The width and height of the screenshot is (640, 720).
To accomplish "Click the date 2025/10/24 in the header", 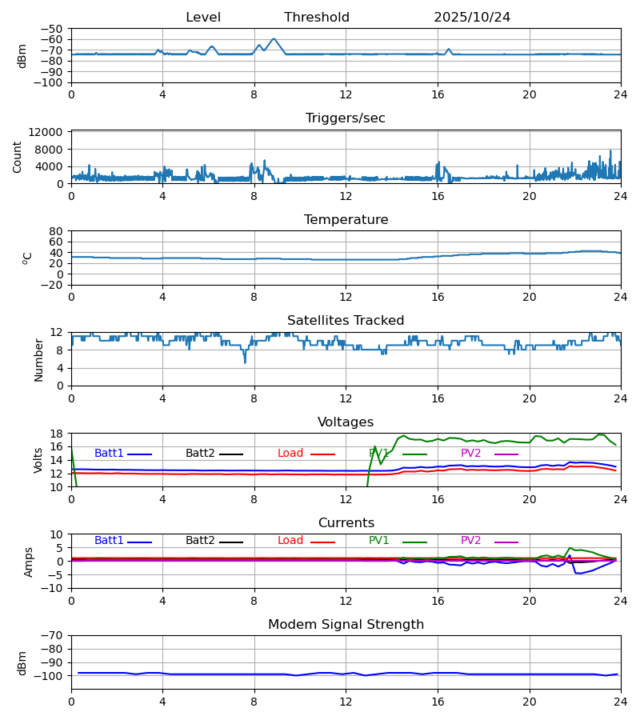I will [x=472, y=18].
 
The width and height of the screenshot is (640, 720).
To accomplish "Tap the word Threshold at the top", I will [x=317, y=18].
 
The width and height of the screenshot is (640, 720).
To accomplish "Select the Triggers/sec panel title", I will [x=346, y=118].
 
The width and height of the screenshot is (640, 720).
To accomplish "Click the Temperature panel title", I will [x=346, y=220].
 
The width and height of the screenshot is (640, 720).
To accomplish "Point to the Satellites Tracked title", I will [x=346, y=321].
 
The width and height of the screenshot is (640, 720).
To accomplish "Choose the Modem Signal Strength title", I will [x=346, y=625].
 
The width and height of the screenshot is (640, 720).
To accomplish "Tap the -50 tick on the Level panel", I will [x=53, y=29].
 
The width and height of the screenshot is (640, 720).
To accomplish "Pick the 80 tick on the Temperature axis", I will [x=57, y=231].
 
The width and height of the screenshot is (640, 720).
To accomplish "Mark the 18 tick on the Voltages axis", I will [x=57, y=434].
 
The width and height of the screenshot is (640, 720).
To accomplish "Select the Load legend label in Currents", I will [x=290, y=541].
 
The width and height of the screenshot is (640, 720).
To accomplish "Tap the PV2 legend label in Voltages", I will [x=471, y=454].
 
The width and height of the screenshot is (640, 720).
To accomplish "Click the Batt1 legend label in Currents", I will [x=109, y=541].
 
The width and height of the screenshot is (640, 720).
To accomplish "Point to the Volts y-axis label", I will [x=38, y=460].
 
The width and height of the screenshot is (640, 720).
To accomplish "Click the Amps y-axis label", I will [x=30, y=562].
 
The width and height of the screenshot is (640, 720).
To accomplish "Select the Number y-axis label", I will [x=38, y=359].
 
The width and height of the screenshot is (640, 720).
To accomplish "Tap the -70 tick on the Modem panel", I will [x=53, y=636].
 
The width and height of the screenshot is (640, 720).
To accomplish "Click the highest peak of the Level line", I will [x=274, y=38].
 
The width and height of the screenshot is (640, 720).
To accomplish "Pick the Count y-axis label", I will [x=18, y=157].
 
